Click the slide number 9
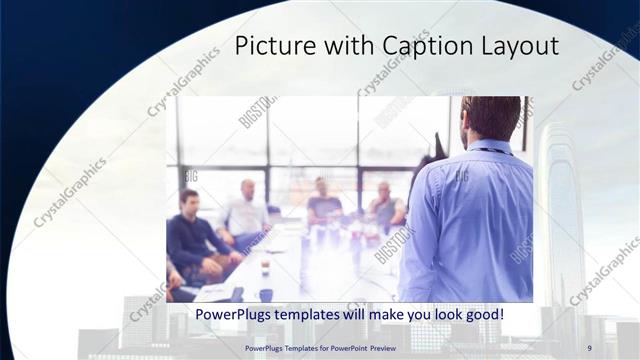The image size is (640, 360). click(x=589, y=348)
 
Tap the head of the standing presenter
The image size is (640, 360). click(x=491, y=117)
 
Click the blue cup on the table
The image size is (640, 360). click(x=266, y=295)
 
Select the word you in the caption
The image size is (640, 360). click(x=419, y=315)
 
